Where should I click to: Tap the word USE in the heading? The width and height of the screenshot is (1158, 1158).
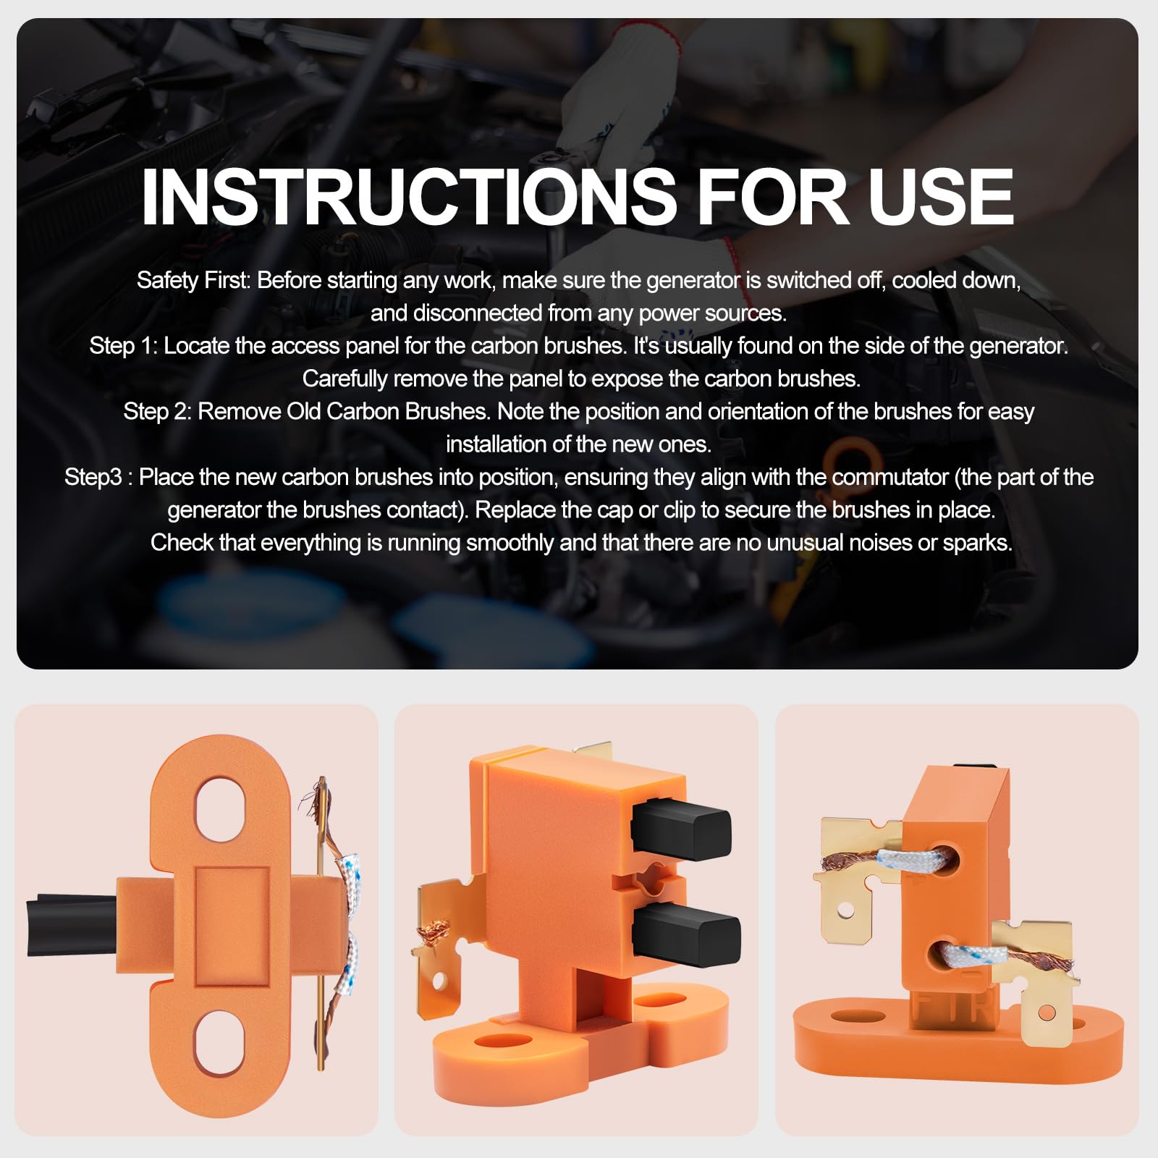click(941, 196)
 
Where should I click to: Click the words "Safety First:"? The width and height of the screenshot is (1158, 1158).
click(193, 281)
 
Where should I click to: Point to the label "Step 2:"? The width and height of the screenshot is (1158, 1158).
click(157, 412)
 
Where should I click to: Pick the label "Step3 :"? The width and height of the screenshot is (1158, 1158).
click(98, 478)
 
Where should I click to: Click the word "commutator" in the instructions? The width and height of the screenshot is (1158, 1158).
click(889, 478)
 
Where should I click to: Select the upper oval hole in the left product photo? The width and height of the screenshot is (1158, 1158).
click(221, 808)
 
